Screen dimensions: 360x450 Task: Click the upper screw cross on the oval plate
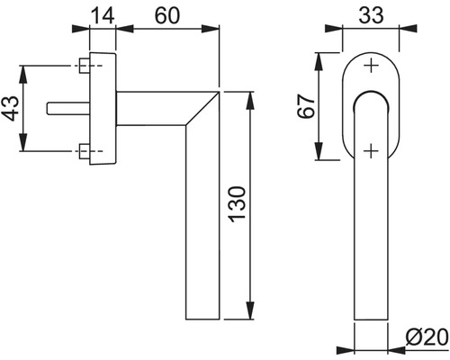370,66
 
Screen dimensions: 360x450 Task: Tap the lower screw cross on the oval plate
370,148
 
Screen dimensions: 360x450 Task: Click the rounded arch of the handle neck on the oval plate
370,95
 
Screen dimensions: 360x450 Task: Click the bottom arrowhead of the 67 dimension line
318,158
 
